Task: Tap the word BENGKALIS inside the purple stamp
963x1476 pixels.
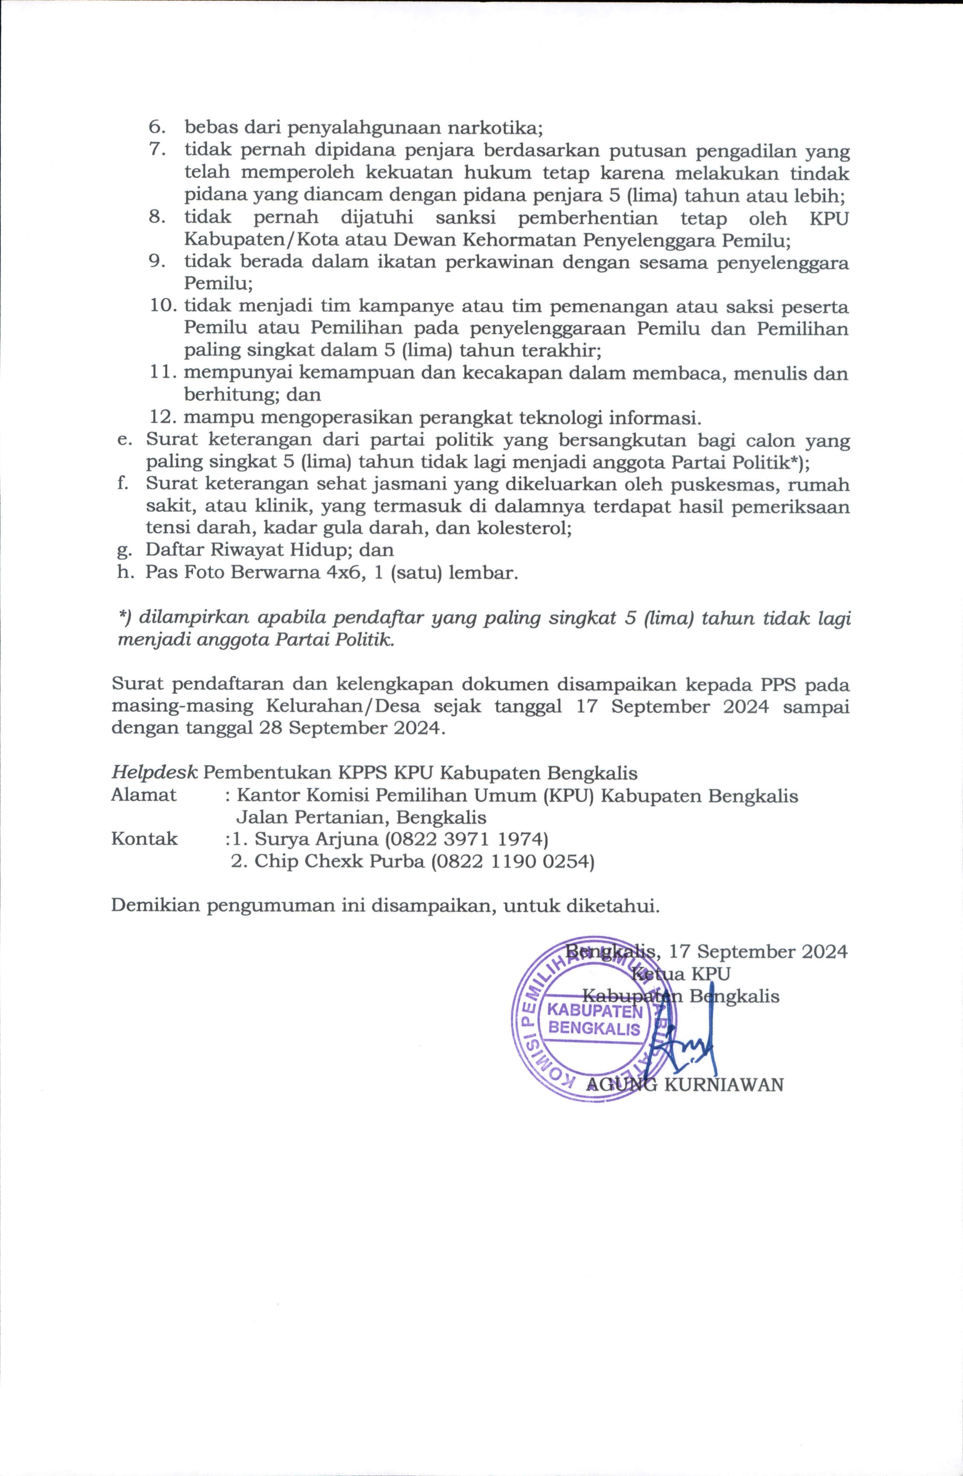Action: click(x=594, y=1029)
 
